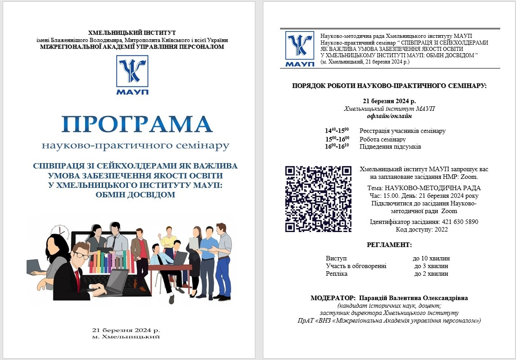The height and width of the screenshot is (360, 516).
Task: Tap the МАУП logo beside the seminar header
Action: pyautogui.click(x=299, y=49)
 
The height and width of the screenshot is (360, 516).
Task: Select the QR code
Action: pyautogui.click(x=318, y=198)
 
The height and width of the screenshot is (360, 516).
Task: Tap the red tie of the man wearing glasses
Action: pyautogui.click(x=77, y=276)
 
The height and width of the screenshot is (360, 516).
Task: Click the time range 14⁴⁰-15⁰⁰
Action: pyautogui.click(x=337, y=131)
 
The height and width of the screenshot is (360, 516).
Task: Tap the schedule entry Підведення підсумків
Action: pyautogui.click(x=390, y=146)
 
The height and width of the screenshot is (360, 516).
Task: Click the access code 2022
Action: pyautogui.click(x=440, y=230)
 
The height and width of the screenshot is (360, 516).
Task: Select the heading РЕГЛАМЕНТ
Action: pyautogui.click(x=389, y=245)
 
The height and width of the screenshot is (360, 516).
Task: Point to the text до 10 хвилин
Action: pyautogui.click(x=431, y=259)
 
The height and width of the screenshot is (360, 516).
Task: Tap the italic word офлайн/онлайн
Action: pyautogui.click(x=389, y=116)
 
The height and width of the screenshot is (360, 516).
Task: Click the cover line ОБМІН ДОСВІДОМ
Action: pyautogui.click(x=135, y=195)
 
